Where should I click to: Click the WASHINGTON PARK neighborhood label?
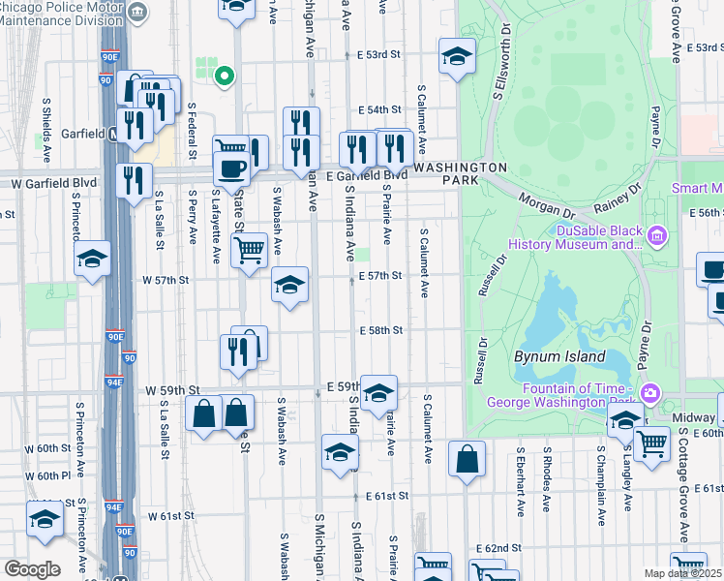pyautogui.click(x=460, y=174)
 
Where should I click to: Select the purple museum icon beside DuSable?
pyautogui.click(x=658, y=235)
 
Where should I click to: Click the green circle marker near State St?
pyautogui.click(x=225, y=75)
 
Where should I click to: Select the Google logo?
pyautogui.click(x=32, y=569)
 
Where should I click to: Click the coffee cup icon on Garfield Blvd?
pyautogui.click(x=231, y=168)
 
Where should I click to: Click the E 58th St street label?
pyautogui.click(x=379, y=331)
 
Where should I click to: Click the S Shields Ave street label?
pyautogui.click(x=45, y=127)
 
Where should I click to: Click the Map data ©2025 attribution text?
pyautogui.click(x=682, y=573)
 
